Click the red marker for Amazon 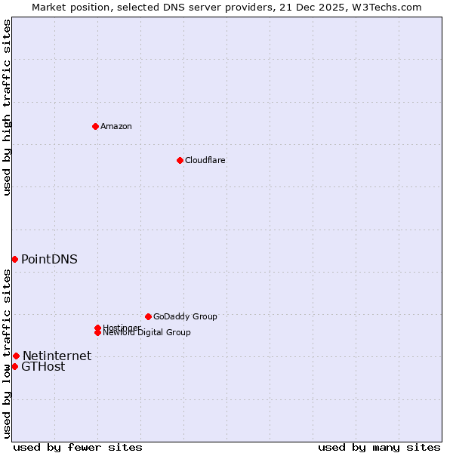[x=95, y=126]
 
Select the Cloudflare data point [x=180, y=160]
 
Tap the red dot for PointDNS [x=14, y=259]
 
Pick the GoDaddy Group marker [x=148, y=316]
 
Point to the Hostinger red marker [x=97, y=328]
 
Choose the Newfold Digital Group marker [x=98, y=332]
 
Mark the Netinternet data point [x=16, y=356]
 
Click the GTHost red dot [x=14, y=366]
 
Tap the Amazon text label [x=116, y=126]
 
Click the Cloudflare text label [x=205, y=160]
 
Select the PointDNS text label [x=49, y=259]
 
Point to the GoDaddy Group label [x=185, y=316]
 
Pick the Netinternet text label [x=57, y=356]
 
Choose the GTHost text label [x=43, y=367]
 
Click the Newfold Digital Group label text [x=147, y=333]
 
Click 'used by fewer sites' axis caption [x=78, y=447]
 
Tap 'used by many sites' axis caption [x=379, y=447]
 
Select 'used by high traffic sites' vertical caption [x=7, y=107]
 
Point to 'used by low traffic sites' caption [x=7, y=353]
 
